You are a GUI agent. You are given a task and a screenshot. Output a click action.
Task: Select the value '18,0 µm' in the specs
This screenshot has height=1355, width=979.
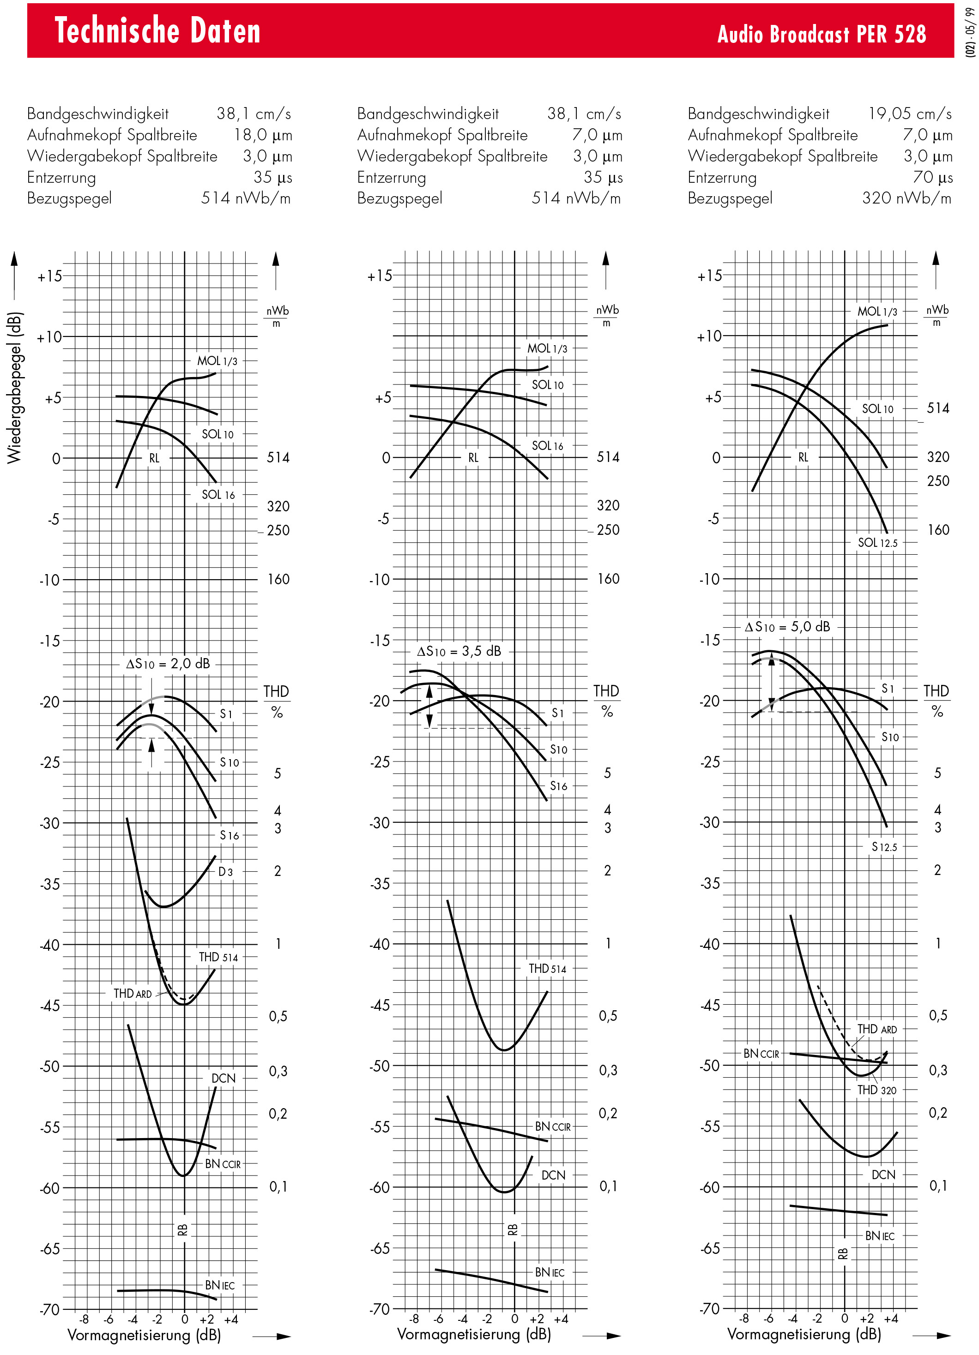(263, 135)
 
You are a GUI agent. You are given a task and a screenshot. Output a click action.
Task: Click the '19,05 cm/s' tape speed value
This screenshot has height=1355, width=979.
(910, 114)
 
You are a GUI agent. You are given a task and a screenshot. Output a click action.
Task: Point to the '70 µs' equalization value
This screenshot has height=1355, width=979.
(932, 177)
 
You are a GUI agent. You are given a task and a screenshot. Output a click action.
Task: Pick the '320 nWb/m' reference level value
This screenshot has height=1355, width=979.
(906, 198)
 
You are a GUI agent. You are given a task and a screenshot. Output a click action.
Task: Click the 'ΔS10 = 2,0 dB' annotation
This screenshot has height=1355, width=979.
(168, 664)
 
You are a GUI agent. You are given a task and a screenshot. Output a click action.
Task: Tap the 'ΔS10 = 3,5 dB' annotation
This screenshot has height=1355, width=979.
(459, 651)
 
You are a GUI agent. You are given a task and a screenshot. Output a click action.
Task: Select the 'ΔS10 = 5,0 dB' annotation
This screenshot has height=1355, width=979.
(787, 627)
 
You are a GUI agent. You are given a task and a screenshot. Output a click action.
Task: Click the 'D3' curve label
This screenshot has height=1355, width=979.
(225, 872)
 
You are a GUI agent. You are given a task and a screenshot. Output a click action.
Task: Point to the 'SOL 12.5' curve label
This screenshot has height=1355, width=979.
(877, 542)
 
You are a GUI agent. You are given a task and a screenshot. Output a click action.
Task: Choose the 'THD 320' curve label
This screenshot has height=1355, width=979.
(877, 1090)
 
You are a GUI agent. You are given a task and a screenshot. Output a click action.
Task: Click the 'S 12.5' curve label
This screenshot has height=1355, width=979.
(884, 846)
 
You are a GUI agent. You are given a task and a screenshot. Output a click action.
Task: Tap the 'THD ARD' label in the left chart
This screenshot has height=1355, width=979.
(133, 994)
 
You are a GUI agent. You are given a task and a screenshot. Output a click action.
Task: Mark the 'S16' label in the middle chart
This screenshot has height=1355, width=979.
(558, 785)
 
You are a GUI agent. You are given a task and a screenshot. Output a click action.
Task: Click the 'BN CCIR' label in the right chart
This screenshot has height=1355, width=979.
(761, 1053)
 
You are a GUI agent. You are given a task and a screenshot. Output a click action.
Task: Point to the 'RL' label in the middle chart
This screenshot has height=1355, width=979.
(473, 458)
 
